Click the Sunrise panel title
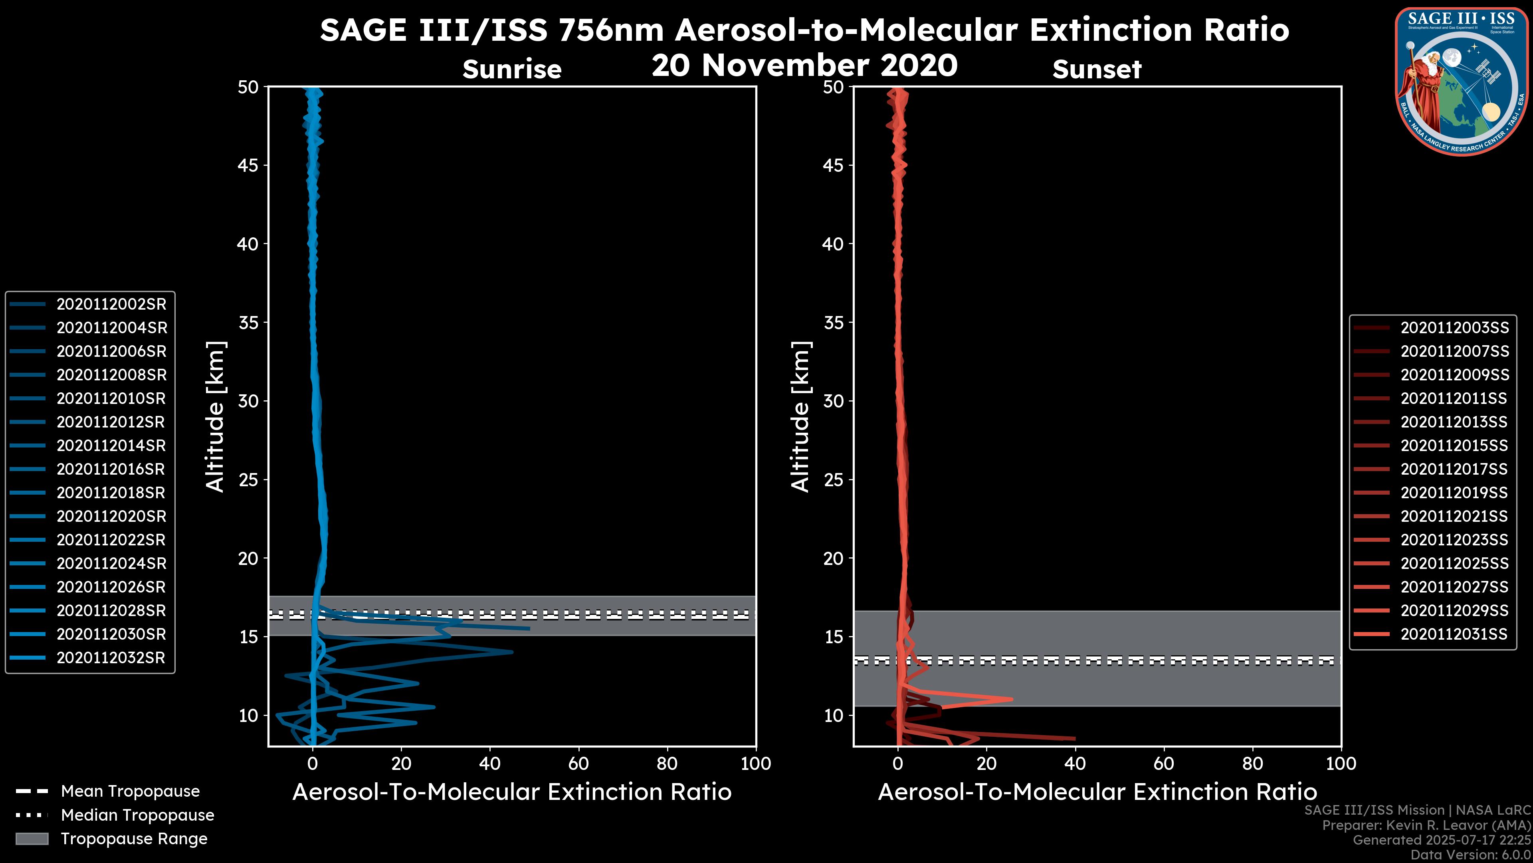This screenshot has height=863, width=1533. [512, 70]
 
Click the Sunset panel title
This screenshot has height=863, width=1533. [1097, 70]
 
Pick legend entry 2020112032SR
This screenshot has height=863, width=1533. [111, 658]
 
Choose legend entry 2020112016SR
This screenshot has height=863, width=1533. [111, 469]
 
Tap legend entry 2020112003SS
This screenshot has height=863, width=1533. [1454, 328]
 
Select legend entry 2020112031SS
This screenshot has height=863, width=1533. [1454, 634]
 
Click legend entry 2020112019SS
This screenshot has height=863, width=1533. [1454, 493]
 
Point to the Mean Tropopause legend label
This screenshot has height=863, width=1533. [130, 791]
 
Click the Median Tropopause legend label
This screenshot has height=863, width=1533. [137, 815]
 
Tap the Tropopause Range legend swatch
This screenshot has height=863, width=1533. [32, 839]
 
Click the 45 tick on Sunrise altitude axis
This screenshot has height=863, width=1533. [249, 165]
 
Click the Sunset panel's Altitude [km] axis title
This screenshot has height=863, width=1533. [800, 417]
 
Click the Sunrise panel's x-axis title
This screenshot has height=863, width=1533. [512, 792]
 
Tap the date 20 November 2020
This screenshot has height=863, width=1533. [804, 66]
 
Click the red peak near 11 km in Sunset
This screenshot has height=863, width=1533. [1010, 699]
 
